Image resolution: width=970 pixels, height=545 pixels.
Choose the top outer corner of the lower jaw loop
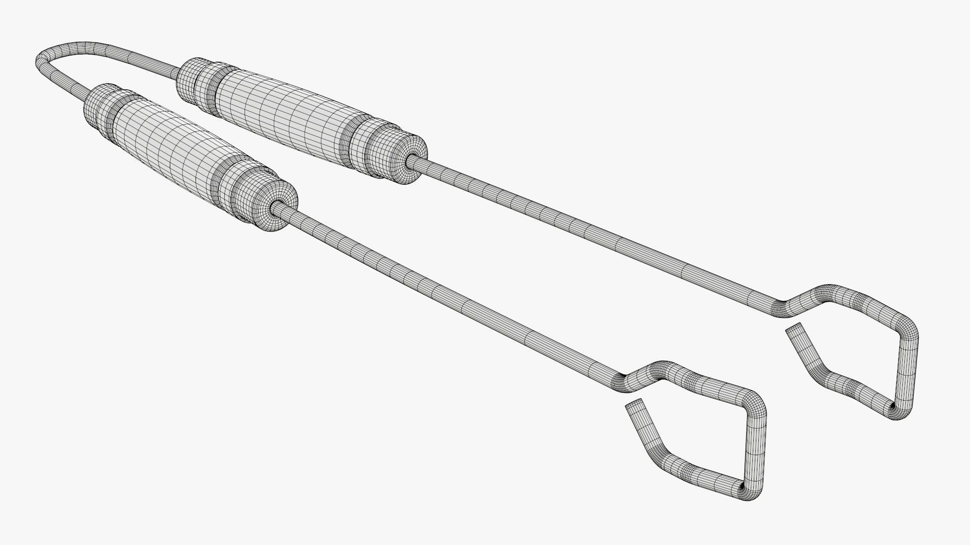755,404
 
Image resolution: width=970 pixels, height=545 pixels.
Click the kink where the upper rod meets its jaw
781,308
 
